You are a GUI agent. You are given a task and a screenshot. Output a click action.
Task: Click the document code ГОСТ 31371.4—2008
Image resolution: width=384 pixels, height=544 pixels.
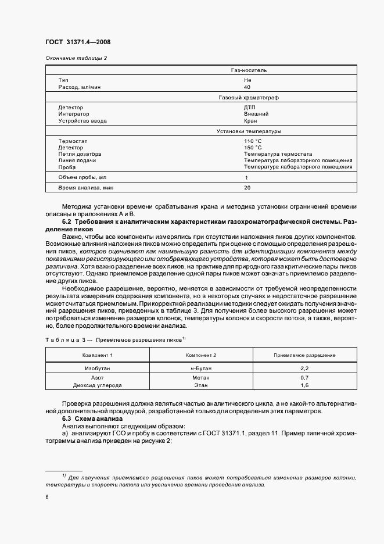[x=78, y=42]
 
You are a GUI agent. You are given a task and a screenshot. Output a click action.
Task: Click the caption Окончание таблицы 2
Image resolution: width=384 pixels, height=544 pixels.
[x=76, y=58]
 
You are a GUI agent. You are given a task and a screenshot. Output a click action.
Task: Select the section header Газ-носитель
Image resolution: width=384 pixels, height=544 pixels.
[x=248, y=70]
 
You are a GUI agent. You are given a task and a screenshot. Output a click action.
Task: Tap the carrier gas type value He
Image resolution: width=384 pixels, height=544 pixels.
[x=247, y=80]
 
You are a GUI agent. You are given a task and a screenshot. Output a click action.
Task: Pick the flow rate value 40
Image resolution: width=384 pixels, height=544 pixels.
[x=247, y=87]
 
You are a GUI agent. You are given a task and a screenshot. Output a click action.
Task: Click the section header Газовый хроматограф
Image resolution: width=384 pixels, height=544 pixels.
[x=248, y=98]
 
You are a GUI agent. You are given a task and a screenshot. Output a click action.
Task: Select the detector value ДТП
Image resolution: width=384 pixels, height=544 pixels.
[x=250, y=108]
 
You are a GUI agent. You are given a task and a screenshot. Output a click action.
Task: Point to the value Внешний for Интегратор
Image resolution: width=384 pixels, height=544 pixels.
[x=256, y=114]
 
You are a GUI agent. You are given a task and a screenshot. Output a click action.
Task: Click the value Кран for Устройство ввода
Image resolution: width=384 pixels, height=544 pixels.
[x=250, y=121]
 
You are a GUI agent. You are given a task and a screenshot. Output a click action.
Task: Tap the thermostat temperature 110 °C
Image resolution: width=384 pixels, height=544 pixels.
[x=253, y=141]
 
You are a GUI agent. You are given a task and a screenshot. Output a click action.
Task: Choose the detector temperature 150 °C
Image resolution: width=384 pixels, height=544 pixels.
[x=253, y=148]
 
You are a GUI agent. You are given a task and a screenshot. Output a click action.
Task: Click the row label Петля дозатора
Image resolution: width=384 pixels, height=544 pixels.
[x=79, y=154]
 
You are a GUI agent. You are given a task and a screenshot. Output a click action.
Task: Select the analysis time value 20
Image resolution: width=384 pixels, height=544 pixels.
[x=247, y=188]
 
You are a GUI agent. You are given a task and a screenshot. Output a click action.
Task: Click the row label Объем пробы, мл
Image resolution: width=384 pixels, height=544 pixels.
[x=82, y=177]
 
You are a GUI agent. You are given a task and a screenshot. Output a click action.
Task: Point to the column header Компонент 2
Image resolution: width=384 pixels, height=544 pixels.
[x=201, y=355]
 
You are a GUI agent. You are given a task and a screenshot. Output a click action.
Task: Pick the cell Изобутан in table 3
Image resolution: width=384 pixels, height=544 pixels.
[x=98, y=368]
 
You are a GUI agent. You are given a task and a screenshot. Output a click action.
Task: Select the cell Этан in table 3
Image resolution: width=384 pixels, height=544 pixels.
[x=201, y=385]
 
